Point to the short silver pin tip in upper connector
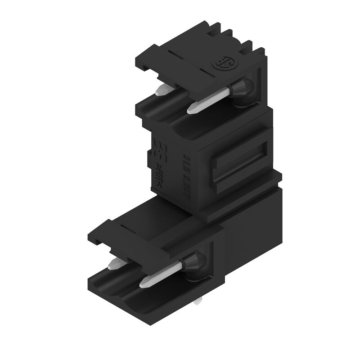click(x=161, y=91)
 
